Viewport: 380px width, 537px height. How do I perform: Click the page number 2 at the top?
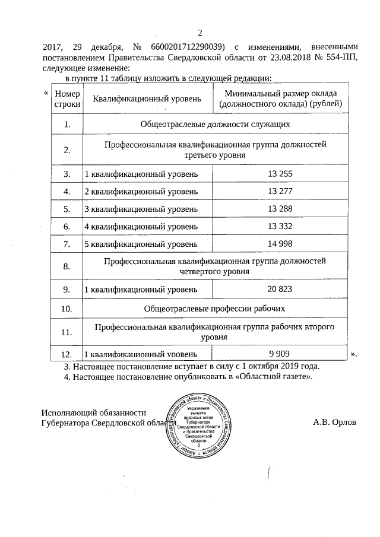tap(199, 33)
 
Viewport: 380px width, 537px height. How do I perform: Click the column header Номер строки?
tap(66, 99)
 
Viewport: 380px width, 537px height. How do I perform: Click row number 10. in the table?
tap(66, 309)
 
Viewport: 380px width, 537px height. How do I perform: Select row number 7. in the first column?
tap(66, 244)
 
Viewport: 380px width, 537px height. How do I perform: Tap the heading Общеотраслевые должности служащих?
tap(214, 124)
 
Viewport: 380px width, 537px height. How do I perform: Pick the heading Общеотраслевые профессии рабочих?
tap(214, 309)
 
